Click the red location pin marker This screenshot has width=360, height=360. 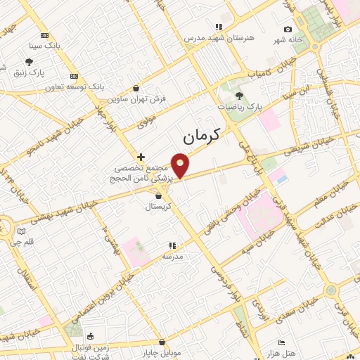[181, 166]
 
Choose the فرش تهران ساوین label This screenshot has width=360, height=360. [143, 99]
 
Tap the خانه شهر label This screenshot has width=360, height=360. [288, 39]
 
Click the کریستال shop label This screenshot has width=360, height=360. [162, 207]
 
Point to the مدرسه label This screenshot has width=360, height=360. [172, 257]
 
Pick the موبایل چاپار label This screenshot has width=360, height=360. [166, 352]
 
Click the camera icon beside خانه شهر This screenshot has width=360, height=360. [288, 29]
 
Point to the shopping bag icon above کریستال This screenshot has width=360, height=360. [162, 195]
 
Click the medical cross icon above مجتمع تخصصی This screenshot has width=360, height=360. [141, 157]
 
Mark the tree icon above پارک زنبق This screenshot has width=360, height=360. [29, 63]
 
